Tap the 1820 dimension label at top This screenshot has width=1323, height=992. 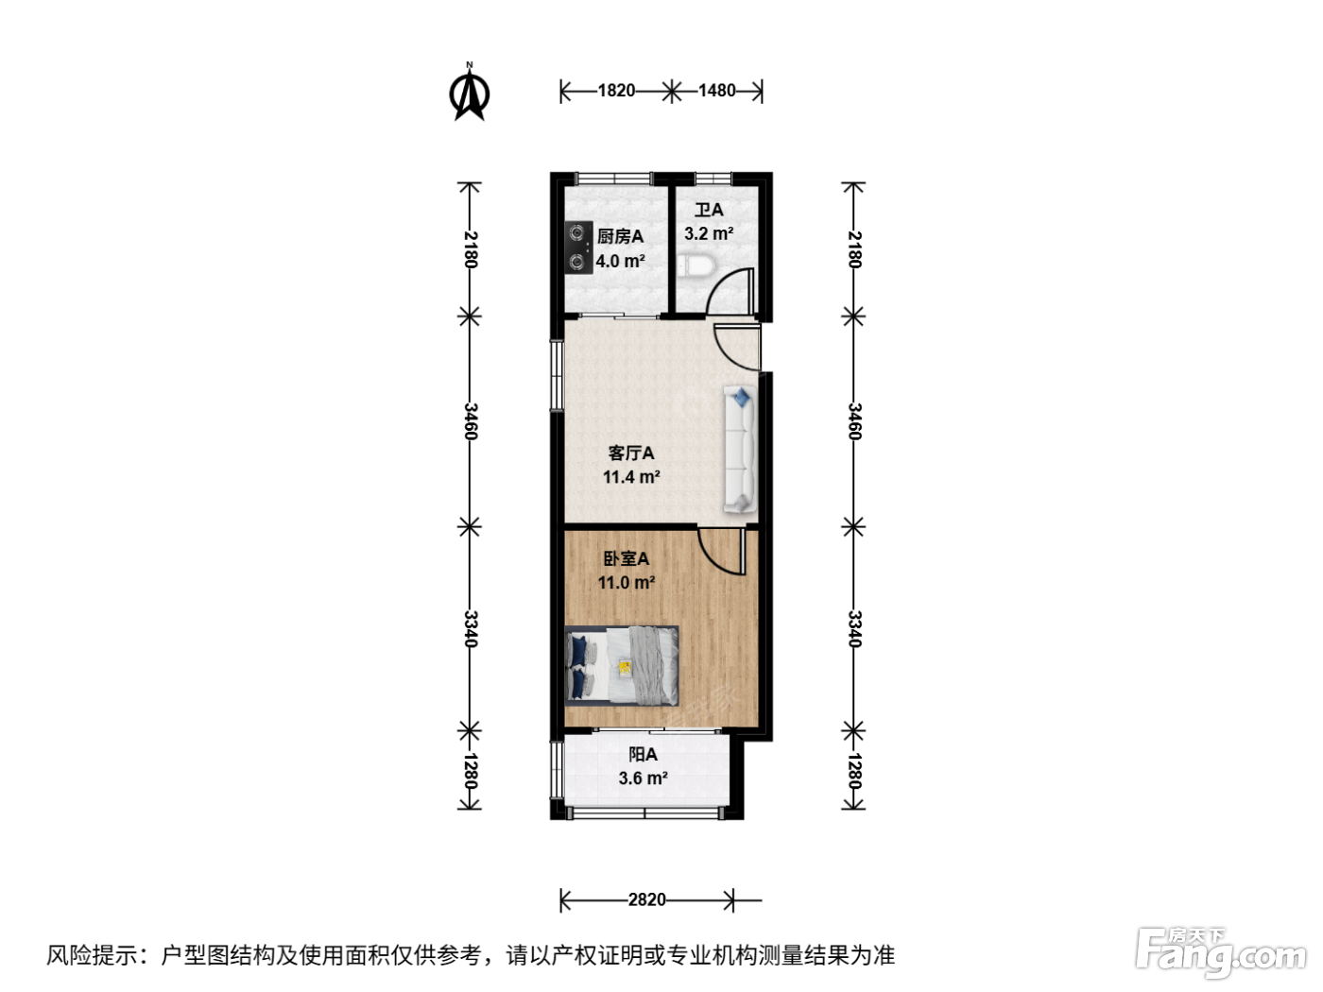[x=616, y=91]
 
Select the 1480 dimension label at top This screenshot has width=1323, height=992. [x=716, y=91]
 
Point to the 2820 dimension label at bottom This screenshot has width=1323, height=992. [x=646, y=899]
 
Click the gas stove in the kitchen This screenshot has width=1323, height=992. [x=578, y=248]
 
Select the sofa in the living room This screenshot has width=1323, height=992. [x=740, y=450]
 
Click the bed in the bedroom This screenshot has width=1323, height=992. [x=622, y=665]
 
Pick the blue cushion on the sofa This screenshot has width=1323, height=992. [x=742, y=398]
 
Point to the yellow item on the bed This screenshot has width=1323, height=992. [x=625, y=667]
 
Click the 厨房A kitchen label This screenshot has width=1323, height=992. [x=620, y=236]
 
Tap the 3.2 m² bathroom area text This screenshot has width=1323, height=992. [x=709, y=233]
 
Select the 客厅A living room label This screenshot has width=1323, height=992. [x=631, y=453]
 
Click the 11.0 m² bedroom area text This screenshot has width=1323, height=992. [x=627, y=582]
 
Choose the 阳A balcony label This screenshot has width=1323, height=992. [x=644, y=754]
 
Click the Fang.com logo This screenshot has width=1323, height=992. [x=1221, y=953]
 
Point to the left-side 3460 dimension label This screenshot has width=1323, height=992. [x=470, y=421]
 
